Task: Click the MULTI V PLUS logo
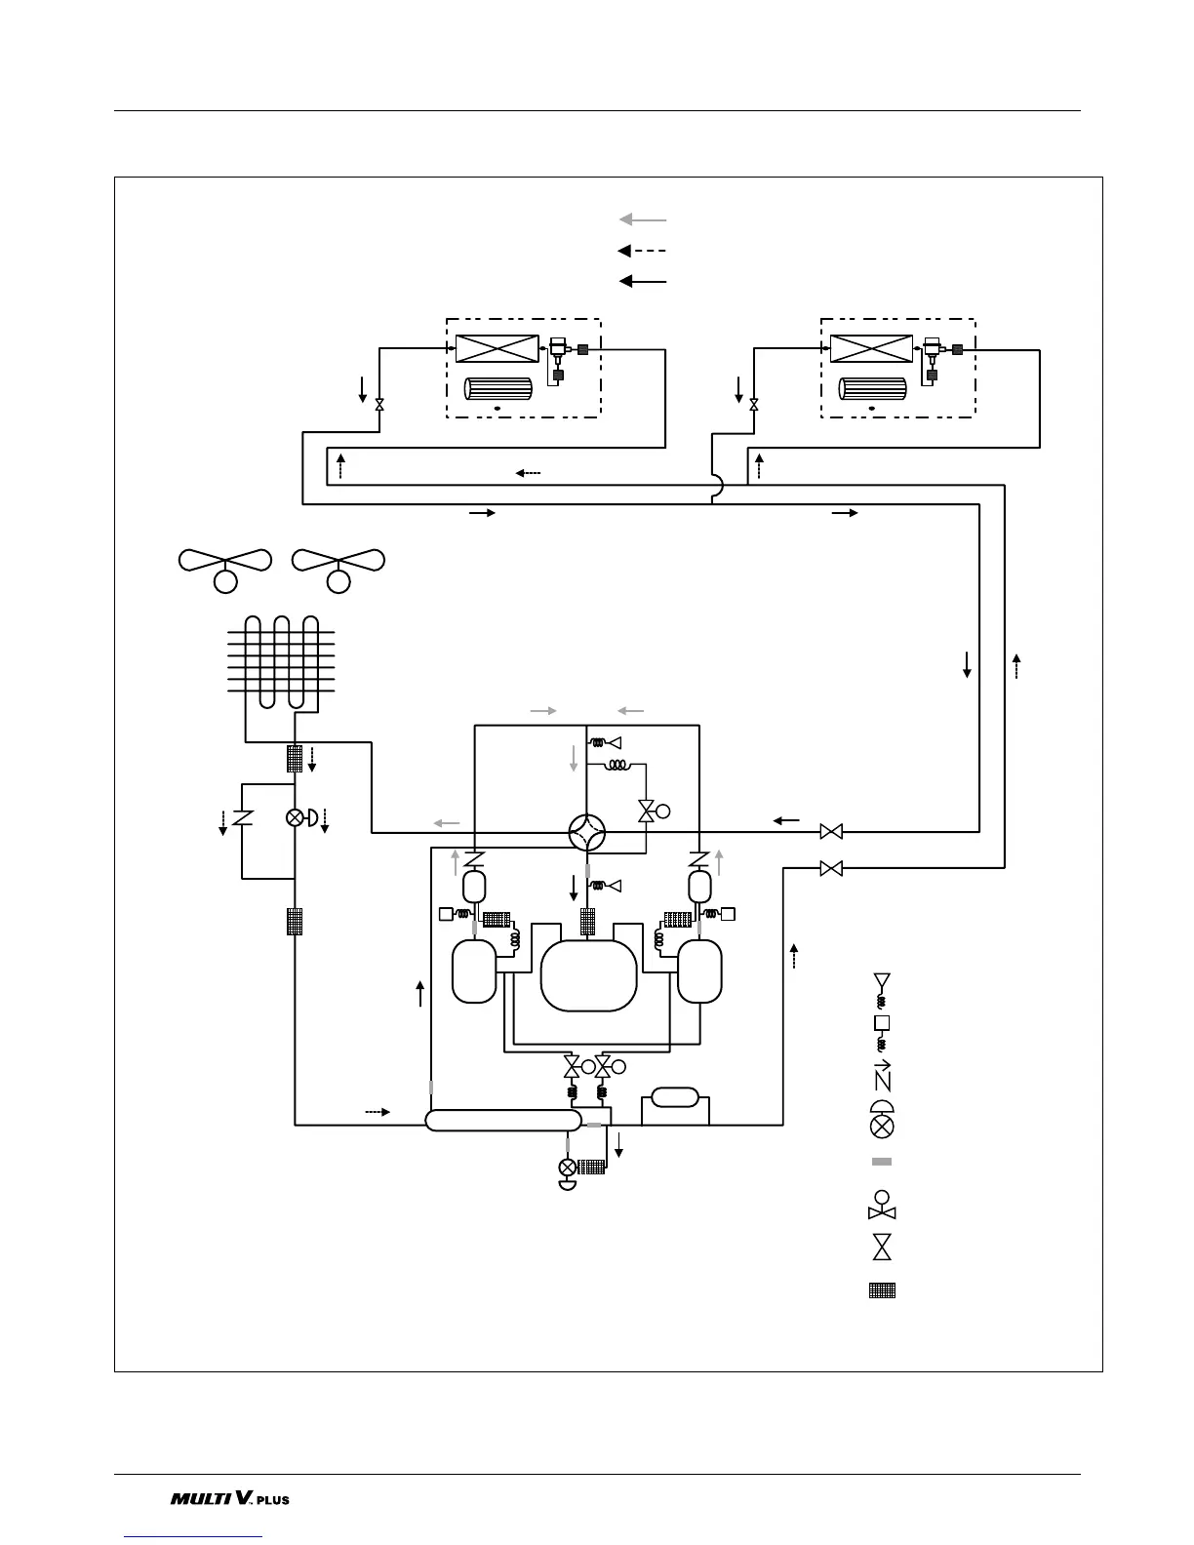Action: tap(230, 1498)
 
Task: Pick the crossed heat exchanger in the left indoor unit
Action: tap(497, 348)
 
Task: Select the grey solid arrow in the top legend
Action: tap(643, 219)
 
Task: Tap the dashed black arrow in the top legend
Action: tap(643, 251)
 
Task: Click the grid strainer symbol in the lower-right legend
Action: tap(882, 1290)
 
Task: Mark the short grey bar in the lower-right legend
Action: tap(882, 1162)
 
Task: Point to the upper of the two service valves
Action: tap(831, 832)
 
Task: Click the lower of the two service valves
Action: tap(831, 868)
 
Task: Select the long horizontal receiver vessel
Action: tap(503, 1119)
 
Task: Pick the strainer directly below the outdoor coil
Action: tap(295, 758)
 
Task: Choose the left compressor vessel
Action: tap(474, 971)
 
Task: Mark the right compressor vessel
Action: tap(699, 971)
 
